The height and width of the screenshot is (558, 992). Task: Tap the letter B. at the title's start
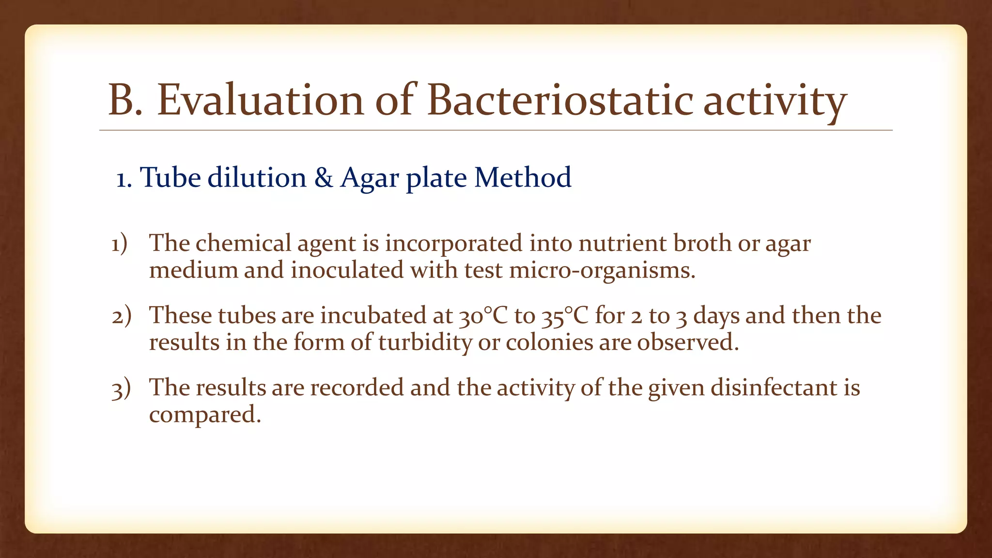(125, 100)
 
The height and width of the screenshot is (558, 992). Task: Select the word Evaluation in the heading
(260, 100)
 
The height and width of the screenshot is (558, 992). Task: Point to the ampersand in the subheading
(324, 178)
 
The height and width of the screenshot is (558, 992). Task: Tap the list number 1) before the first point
(119, 244)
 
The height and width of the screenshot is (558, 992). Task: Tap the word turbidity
(424, 343)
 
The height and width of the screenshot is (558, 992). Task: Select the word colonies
(549, 342)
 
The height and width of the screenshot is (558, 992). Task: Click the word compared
(204, 415)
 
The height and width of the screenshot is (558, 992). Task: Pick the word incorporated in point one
(453, 244)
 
